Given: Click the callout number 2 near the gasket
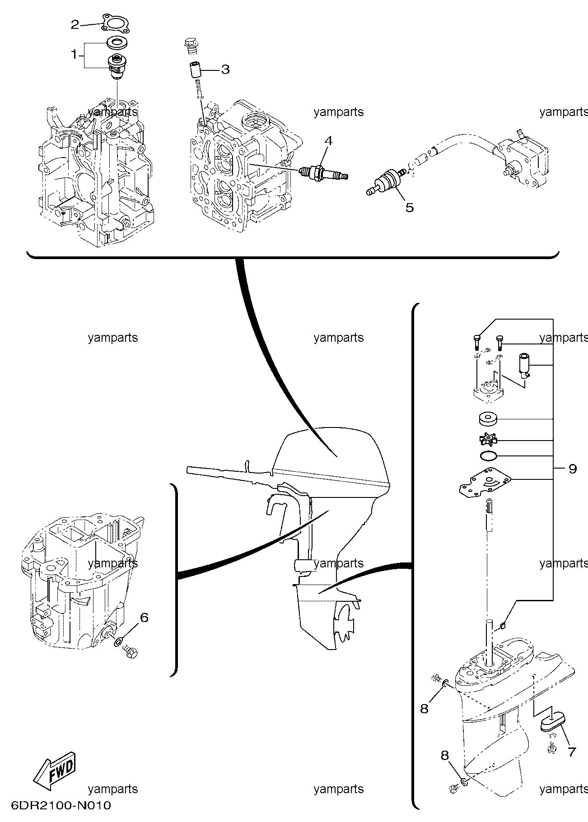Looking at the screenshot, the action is (75, 24).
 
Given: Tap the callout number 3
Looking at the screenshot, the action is (225, 70).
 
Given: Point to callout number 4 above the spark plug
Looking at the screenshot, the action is (328, 141).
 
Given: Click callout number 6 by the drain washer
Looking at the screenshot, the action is (144, 617).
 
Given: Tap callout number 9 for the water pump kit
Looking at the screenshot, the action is (573, 469).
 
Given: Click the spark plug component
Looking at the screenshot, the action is (324, 173).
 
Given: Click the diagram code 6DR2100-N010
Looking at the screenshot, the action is (59, 806).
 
